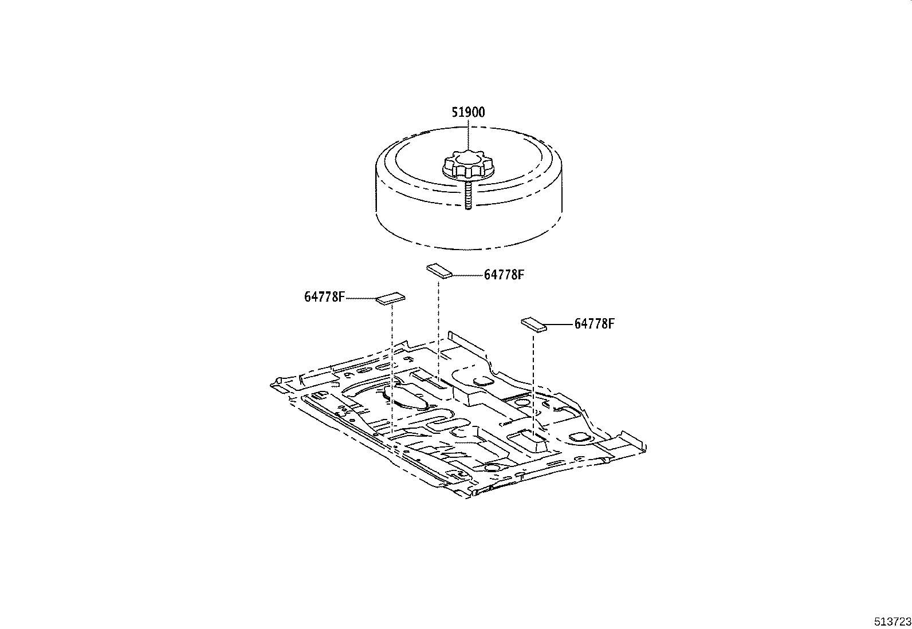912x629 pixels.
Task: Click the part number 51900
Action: pos(467,112)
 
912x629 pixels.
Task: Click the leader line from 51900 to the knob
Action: pos(468,135)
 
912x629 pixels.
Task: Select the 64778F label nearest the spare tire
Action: pos(504,275)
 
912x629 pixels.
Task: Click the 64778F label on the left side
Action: pos(324,297)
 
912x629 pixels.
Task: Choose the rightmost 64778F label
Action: pos(594,324)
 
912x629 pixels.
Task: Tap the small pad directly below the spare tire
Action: pos(439,270)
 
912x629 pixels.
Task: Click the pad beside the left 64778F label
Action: pos(391,299)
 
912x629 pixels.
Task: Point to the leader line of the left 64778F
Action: pos(361,298)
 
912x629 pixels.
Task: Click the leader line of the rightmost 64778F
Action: pos(560,325)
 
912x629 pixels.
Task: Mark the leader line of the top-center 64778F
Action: pos(467,275)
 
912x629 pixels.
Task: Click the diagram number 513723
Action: pos(892,622)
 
